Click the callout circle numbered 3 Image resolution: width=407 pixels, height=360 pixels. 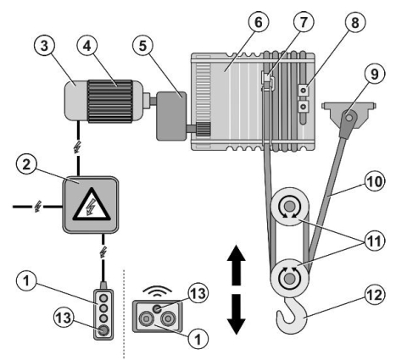pyautogui.click(x=44, y=46)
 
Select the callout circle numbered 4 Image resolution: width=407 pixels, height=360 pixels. pyautogui.click(x=87, y=46)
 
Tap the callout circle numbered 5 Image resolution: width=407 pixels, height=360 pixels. pyautogui.click(x=142, y=46)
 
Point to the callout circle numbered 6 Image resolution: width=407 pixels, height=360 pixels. pyautogui.click(x=259, y=22)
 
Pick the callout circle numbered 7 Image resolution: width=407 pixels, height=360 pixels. pyautogui.click(x=304, y=22)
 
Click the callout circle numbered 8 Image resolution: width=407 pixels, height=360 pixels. pyautogui.click(x=355, y=22)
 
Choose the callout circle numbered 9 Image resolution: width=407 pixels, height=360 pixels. pyautogui.click(x=374, y=74)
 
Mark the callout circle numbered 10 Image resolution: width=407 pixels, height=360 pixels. pyautogui.click(x=375, y=181)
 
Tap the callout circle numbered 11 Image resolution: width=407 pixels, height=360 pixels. pyautogui.click(x=375, y=241)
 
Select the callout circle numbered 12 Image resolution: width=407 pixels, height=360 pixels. pyautogui.click(x=375, y=295)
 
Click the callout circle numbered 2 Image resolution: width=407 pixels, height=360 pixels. pyautogui.click(x=26, y=164)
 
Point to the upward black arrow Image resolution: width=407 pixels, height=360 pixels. pyautogui.click(x=237, y=265)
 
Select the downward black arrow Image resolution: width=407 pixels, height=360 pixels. pyautogui.click(x=237, y=314)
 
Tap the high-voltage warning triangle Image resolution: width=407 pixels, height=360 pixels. pyautogui.click(x=91, y=205)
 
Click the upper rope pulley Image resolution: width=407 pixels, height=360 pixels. pyautogui.click(x=289, y=207)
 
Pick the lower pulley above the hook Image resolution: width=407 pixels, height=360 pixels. pyautogui.click(x=289, y=278)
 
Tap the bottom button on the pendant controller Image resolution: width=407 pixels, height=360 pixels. pyautogui.click(x=103, y=330)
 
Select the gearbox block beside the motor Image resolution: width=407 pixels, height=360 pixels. pyautogui.click(x=171, y=116)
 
